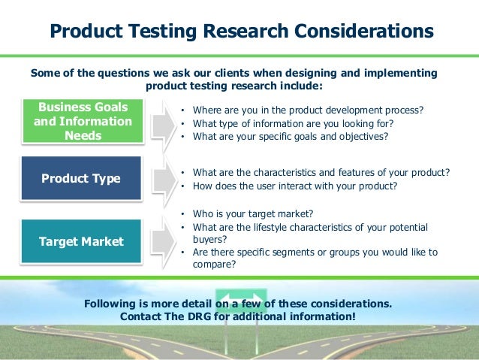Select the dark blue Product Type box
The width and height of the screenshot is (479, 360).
[81, 178]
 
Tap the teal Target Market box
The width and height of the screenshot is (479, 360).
[81, 241]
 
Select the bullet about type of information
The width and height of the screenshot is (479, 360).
[293, 124]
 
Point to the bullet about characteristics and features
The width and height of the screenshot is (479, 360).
[321, 172]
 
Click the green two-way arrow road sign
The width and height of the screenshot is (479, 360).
[240, 298]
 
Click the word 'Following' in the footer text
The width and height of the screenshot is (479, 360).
[112, 304]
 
